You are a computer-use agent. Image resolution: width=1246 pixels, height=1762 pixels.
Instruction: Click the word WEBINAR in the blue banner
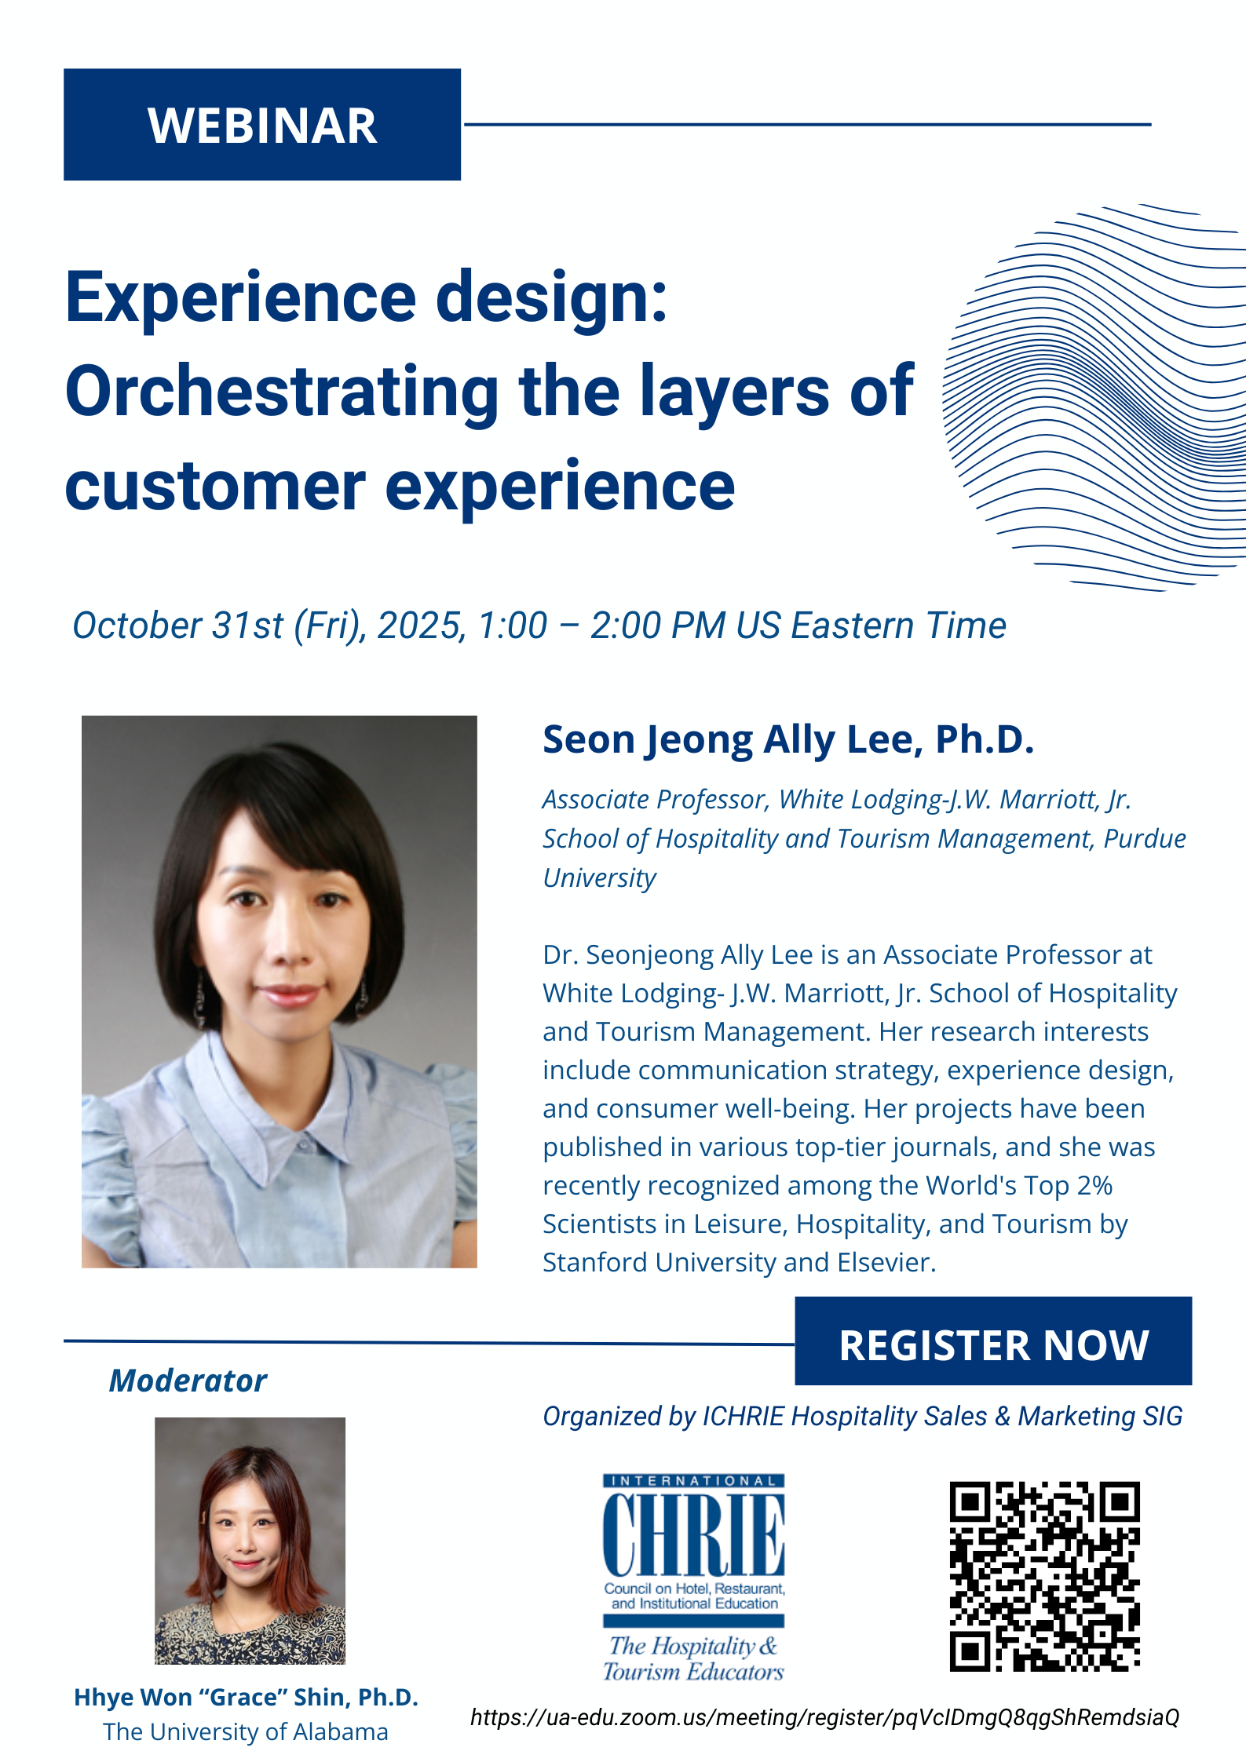(x=262, y=126)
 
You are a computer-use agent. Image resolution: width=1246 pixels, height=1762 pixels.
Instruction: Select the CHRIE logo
(x=694, y=1578)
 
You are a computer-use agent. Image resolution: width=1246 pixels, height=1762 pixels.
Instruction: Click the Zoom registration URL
(x=824, y=1717)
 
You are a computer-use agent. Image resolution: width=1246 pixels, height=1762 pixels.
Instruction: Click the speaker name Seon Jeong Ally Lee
(x=727, y=739)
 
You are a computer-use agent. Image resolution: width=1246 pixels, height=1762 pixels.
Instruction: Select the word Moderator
(x=188, y=1381)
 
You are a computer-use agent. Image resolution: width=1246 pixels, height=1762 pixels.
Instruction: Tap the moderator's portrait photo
(x=250, y=1541)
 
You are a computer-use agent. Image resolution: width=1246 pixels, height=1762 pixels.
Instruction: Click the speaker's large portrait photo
(x=279, y=991)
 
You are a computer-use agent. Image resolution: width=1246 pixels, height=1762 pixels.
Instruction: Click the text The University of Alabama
(x=246, y=1731)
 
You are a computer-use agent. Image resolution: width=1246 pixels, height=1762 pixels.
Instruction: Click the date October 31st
(x=178, y=626)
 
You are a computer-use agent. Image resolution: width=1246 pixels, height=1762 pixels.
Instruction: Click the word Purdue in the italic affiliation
(x=1145, y=838)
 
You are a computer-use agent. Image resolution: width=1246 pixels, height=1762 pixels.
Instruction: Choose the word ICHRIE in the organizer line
(x=743, y=1416)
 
